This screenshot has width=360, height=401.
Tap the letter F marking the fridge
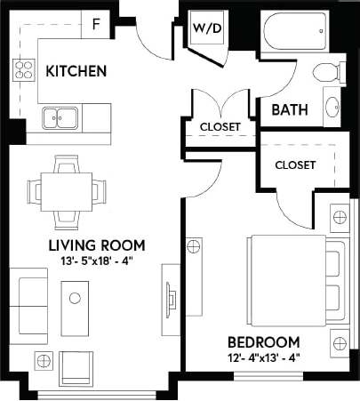tap(96, 24)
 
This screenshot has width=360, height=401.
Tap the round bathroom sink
tap(332, 107)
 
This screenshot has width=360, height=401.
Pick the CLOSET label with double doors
tap(220, 126)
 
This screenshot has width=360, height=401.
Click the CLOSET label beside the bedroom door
tap(295, 164)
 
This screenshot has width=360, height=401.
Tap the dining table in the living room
tap(65, 189)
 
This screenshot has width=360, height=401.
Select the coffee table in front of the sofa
tap(76, 298)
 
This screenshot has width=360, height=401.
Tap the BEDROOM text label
tap(262, 342)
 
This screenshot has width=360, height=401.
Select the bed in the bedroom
tap(289, 280)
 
